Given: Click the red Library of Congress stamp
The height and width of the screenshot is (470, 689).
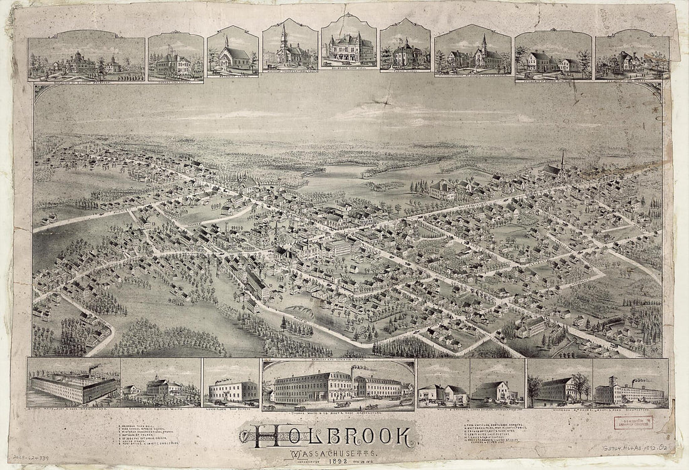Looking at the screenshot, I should tap(632, 422).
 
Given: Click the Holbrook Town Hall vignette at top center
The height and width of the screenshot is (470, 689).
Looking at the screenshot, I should tap(349, 47).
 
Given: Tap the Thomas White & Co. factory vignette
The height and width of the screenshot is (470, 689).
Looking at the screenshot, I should tap(338, 385).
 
